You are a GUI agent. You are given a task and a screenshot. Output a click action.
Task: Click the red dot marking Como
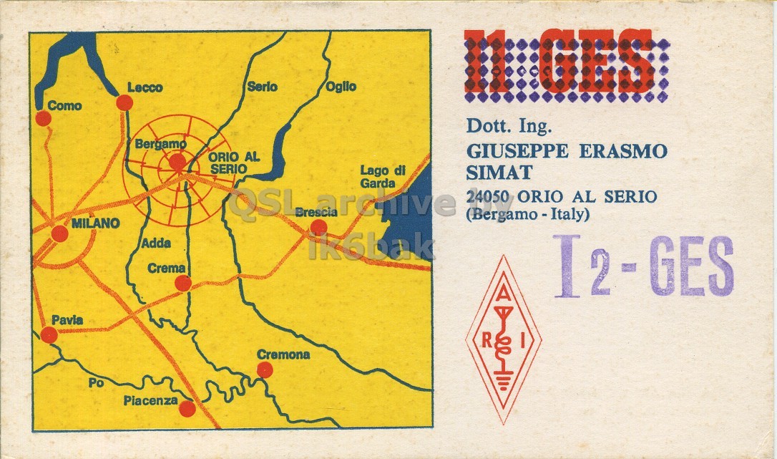coord(44,118)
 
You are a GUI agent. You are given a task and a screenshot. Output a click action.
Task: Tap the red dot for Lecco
coord(124,102)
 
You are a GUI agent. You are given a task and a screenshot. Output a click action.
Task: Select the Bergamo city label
coord(160,144)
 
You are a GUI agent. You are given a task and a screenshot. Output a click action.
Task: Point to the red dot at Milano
coord(60,233)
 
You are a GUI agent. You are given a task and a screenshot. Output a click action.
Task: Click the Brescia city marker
coord(319,228)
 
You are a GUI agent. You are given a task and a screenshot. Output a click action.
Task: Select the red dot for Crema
coord(183,283)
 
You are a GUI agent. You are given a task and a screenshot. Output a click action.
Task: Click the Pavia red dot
coord(49,335)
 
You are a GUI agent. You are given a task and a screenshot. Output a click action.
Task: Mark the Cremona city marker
coord(265,369)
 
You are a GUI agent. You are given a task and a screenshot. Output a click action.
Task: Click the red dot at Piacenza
coord(187,409)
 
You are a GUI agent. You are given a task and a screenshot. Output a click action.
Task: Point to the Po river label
coord(97,383)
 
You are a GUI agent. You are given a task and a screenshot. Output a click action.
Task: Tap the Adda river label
coord(156,243)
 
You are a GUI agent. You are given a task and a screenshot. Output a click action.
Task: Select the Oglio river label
coord(341,87)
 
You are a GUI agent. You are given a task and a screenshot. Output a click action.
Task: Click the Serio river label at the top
coord(262,87)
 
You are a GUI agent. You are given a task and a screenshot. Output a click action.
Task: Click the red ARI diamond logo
coord(504,339)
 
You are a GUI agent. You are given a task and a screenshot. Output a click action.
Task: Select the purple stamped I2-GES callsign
coord(644,267)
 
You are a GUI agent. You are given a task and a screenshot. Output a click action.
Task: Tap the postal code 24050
coord(489,196)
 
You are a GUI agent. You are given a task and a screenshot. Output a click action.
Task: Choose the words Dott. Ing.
coord(509,127)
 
